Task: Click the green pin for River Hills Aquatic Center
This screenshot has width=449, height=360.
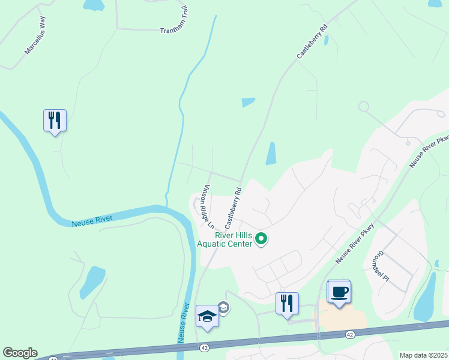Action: pyautogui.click(x=261, y=239)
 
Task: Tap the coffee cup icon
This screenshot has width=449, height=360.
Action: pyautogui.click(x=339, y=292)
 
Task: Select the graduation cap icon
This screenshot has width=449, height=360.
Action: pyautogui.click(x=207, y=316)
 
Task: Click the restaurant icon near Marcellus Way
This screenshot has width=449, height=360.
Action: pyautogui.click(x=55, y=121)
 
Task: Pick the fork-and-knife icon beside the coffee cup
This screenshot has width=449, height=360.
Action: pyautogui.click(x=287, y=303)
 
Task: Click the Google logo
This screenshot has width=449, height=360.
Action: pyautogui.click(x=20, y=353)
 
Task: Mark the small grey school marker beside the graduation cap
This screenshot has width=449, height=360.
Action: pyautogui.click(x=223, y=307)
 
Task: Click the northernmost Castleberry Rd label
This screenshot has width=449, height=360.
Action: pyautogui.click(x=313, y=41)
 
